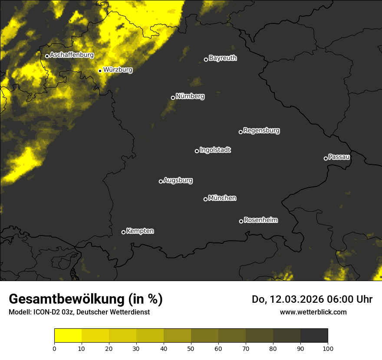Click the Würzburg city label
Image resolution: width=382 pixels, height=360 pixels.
(118, 69)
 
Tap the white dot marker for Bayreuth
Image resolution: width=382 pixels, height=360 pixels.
(206, 59)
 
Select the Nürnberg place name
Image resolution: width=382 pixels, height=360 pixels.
(190, 96)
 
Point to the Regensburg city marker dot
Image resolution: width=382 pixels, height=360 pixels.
(240, 132)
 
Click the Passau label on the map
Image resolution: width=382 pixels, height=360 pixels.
(339, 157)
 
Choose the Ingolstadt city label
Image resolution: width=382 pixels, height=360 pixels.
(215, 150)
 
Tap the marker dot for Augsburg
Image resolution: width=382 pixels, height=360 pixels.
(161, 181)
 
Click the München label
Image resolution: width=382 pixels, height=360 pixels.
(222, 198)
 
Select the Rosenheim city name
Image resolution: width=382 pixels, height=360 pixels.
(260, 220)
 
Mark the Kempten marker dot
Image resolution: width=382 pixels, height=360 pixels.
(123, 232)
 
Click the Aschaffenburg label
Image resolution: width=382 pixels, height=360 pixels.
(72, 55)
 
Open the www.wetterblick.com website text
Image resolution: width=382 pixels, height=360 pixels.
(313, 312)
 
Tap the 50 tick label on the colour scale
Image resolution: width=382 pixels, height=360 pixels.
(191, 348)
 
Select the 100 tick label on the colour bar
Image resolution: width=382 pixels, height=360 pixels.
(327, 348)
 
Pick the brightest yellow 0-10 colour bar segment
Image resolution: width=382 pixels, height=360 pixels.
(68, 336)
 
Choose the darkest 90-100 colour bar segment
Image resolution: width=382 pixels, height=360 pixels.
(314, 336)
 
